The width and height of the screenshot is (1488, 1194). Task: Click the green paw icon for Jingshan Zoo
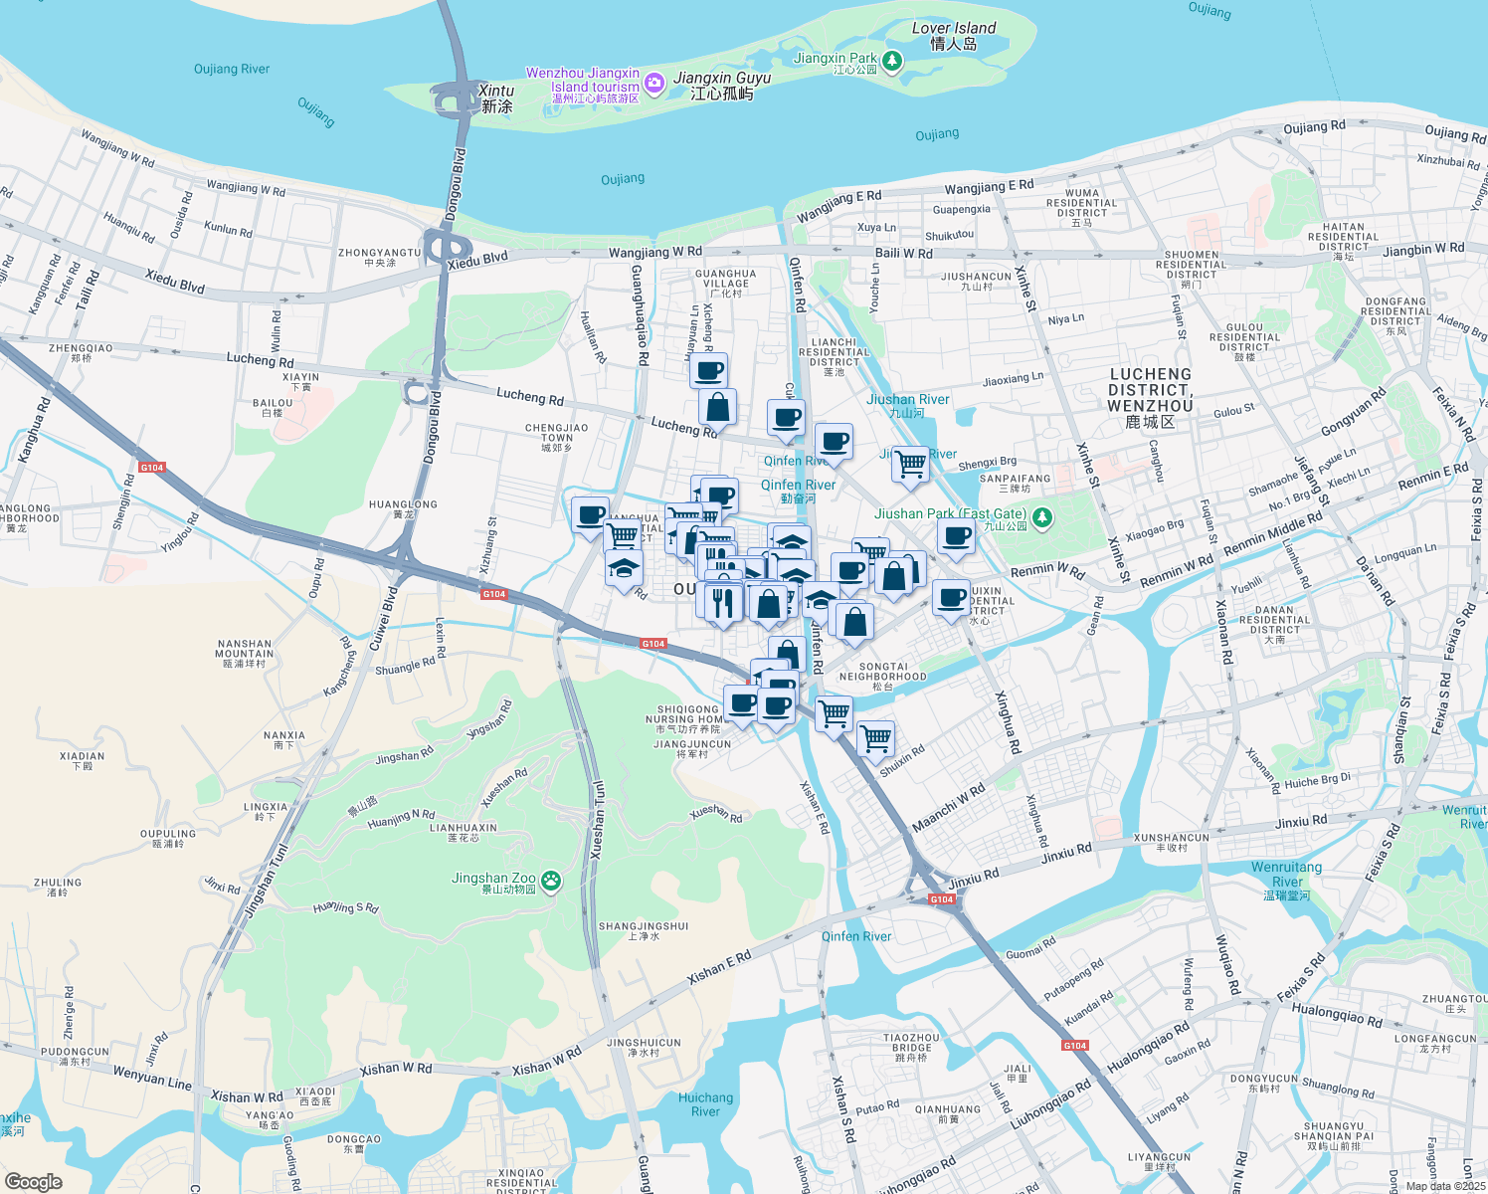click(551, 881)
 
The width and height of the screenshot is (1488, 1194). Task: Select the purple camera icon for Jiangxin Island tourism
click(653, 84)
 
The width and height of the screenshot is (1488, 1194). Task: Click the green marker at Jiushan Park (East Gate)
click(1041, 517)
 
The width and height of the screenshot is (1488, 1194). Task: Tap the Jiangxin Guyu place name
click(722, 85)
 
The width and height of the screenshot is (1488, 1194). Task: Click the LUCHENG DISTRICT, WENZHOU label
click(1150, 397)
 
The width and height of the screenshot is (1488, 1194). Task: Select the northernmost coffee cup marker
click(708, 371)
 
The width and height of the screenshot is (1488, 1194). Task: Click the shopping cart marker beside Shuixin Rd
click(875, 738)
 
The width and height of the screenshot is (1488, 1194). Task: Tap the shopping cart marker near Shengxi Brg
click(910, 464)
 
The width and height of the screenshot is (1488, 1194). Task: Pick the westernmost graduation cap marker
click(624, 567)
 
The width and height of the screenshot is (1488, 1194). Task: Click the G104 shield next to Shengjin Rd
click(152, 467)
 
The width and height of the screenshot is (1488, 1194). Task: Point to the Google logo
click(33, 1181)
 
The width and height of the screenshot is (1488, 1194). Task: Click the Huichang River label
click(705, 1104)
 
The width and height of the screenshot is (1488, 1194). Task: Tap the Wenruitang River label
click(1286, 881)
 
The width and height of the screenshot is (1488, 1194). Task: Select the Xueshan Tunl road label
click(597, 820)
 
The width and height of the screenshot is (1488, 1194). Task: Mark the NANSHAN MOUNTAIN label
click(244, 654)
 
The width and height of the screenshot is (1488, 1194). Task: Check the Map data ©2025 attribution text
click(1444, 1185)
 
